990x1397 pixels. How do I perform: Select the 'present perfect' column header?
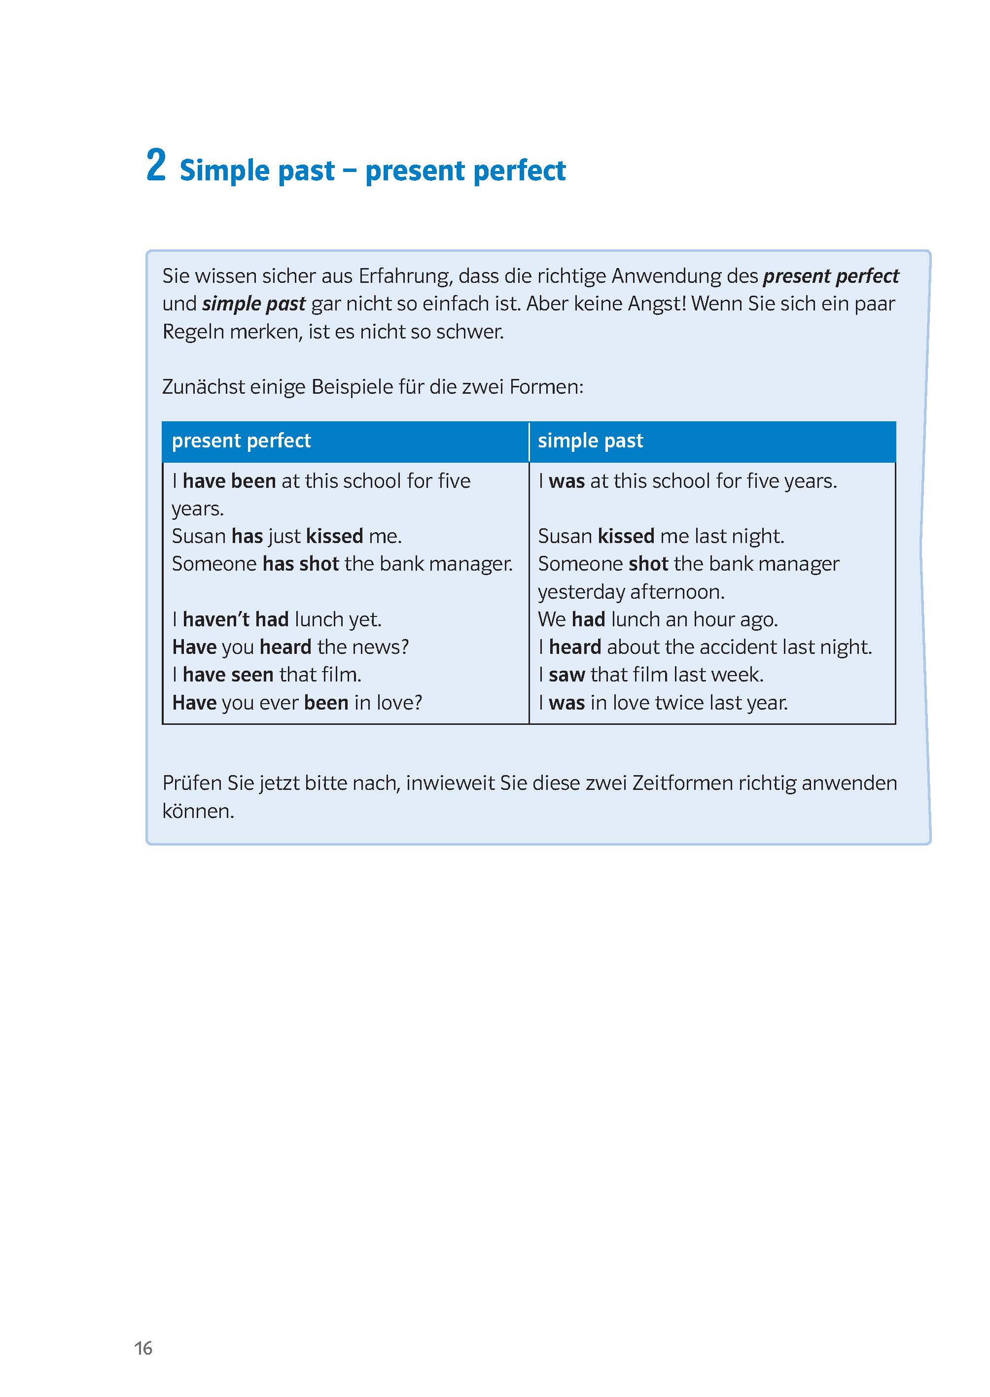242,441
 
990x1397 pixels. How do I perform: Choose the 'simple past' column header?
590,441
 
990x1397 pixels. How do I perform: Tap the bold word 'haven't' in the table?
216,619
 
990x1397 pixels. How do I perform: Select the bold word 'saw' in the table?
566,675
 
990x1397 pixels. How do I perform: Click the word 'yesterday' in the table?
581,592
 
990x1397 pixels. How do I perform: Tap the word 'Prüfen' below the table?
192,783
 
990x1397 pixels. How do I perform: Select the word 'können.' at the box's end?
198,811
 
